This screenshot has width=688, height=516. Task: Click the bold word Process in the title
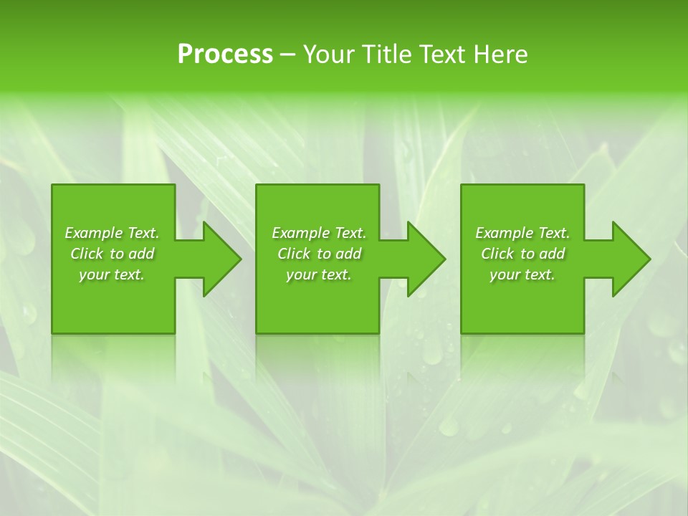225,54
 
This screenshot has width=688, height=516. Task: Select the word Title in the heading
388,54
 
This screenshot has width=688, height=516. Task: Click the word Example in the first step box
94,233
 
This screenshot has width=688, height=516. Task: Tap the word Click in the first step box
87,254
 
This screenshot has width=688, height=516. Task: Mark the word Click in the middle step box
294,254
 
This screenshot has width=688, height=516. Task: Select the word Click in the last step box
497,254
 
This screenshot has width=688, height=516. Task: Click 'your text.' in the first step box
112,274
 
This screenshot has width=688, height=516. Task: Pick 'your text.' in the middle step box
319,274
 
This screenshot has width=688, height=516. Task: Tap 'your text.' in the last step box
522,274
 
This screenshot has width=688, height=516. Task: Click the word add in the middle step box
348,254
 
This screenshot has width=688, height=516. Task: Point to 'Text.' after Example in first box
143,233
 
